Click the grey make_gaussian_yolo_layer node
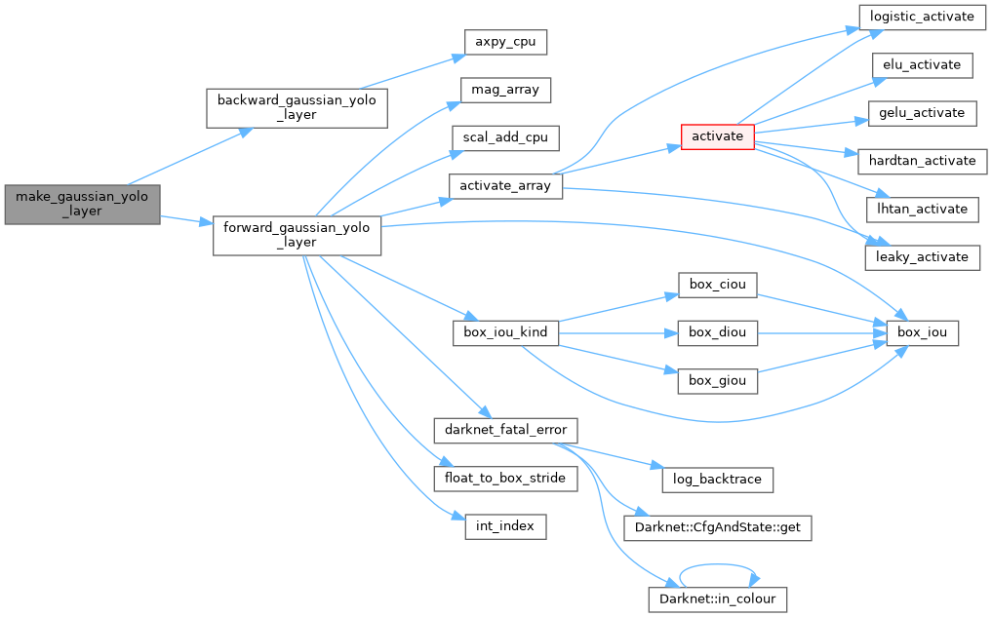(x=82, y=204)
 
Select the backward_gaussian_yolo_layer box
(x=297, y=107)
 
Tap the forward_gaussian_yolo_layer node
(x=297, y=235)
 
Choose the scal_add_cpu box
(x=504, y=137)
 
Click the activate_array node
(x=505, y=186)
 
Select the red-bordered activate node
(x=717, y=136)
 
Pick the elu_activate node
(x=921, y=66)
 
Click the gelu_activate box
(x=921, y=113)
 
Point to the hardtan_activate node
(x=921, y=161)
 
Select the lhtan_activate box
(x=921, y=209)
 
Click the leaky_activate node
(x=921, y=256)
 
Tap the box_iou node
(x=921, y=333)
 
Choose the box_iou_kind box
(x=505, y=333)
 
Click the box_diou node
(x=717, y=333)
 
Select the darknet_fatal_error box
(x=505, y=430)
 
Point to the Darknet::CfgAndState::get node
(x=717, y=528)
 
